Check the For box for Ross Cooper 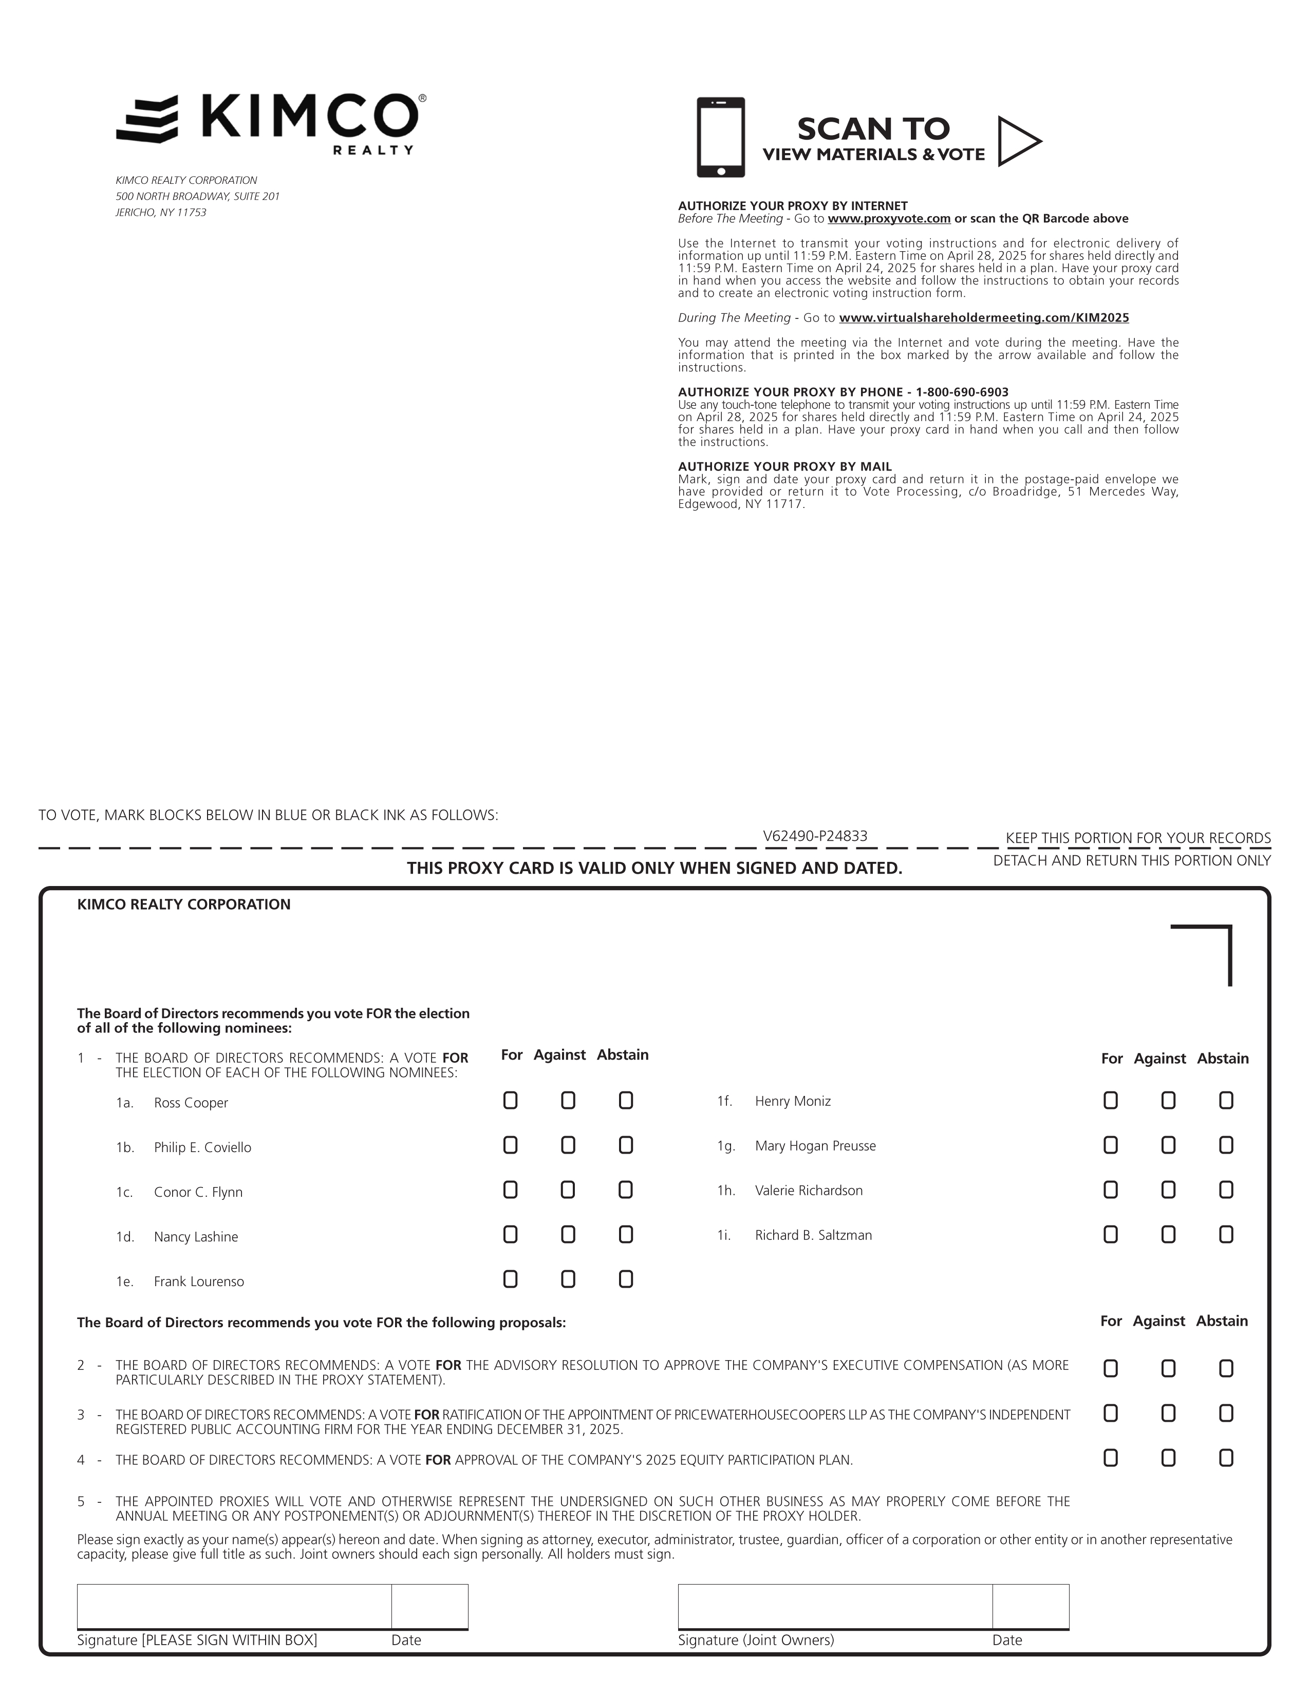point(510,1101)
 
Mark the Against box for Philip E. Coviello point(568,1145)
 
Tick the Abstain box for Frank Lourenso point(626,1279)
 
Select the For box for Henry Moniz point(1111,1101)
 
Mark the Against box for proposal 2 point(1168,1368)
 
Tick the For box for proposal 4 point(1111,1458)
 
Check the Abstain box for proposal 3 point(1226,1414)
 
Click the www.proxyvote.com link point(889,219)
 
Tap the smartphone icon point(720,137)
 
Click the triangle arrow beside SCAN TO point(1017,141)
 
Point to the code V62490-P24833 point(815,836)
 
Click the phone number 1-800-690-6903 point(962,392)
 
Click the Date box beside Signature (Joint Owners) point(1030,1606)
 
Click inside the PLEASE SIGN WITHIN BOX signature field point(234,1606)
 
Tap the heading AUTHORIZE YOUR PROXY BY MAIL point(784,466)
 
